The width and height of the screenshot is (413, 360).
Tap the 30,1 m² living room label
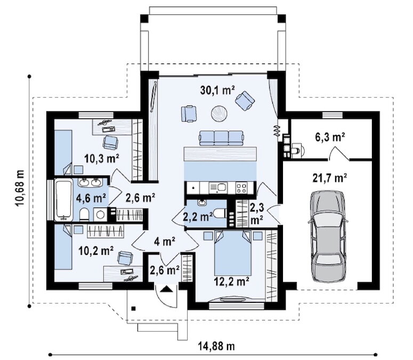217,90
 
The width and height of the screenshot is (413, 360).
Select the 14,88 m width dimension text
216,346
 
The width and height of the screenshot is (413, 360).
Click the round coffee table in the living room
219,114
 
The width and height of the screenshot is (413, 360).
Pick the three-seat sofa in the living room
221,138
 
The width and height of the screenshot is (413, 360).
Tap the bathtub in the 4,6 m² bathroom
63,199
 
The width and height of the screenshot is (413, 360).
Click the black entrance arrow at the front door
166,289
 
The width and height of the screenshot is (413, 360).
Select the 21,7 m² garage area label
329,178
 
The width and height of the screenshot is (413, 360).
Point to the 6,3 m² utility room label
330,137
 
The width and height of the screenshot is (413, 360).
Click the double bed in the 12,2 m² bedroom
233,253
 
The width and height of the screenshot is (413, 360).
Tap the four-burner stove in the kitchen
241,188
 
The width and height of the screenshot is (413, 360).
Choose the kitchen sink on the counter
218,188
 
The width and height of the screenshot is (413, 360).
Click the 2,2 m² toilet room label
198,217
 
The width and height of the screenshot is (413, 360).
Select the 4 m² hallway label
165,241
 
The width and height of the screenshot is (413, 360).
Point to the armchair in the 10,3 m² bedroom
110,142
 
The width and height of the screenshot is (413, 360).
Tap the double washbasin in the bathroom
91,182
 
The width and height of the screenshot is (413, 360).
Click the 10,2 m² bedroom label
96,251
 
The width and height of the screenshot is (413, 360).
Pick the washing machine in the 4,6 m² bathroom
100,214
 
